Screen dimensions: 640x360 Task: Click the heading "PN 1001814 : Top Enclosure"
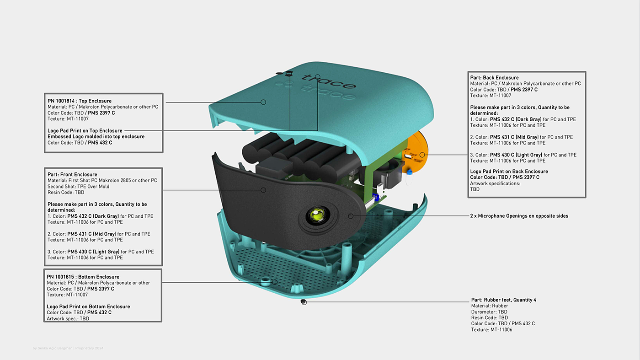click(80, 101)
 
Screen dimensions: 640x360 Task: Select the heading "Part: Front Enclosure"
click(72, 174)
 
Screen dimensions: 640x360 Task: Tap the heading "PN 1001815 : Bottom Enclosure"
click(83, 277)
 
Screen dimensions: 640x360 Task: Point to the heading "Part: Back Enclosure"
click(494, 77)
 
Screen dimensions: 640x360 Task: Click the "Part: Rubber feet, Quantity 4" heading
click(504, 300)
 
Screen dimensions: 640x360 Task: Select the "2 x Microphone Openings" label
click(519, 216)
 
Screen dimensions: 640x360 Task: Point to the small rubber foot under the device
click(304, 302)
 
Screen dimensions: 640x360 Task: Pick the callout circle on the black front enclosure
click(263, 190)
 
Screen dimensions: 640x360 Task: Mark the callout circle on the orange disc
click(422, 155)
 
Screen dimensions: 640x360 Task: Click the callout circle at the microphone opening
click(351, 216)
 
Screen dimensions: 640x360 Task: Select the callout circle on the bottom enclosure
click(275, 282)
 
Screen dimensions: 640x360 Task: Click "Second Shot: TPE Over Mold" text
click(78, 187)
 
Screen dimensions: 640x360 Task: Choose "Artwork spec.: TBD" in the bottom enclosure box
click(68, 318)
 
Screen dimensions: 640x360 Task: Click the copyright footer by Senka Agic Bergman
click(68, 348)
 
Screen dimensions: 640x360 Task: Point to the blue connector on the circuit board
click(375, 197)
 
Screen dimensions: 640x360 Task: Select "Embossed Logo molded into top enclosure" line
click(96, 136)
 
